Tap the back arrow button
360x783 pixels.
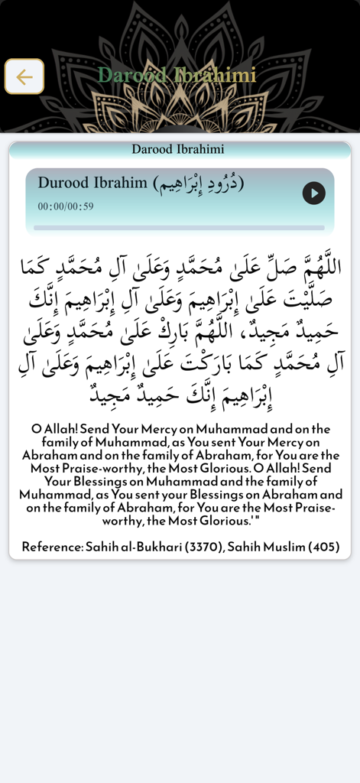tap(24, 76)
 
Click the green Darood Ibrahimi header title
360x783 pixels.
tap(177, 75)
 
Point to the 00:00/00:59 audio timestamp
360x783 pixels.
tap(66, 206)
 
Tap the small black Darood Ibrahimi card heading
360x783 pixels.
tap(178, 149)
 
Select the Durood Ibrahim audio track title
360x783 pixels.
tap(92, 183)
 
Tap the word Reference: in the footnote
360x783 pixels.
tap(51, 547)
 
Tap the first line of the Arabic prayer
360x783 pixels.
tap(180, 267)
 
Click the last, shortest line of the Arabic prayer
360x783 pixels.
tap(180, 395)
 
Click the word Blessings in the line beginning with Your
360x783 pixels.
tap(105, 482)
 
